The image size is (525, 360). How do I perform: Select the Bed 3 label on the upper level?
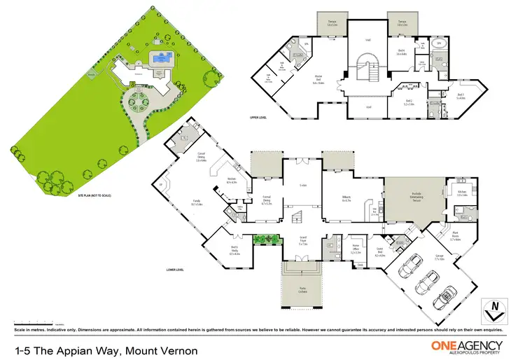(460, 96)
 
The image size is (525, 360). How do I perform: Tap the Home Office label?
(355, 248)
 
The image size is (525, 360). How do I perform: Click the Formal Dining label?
(267, 201)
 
